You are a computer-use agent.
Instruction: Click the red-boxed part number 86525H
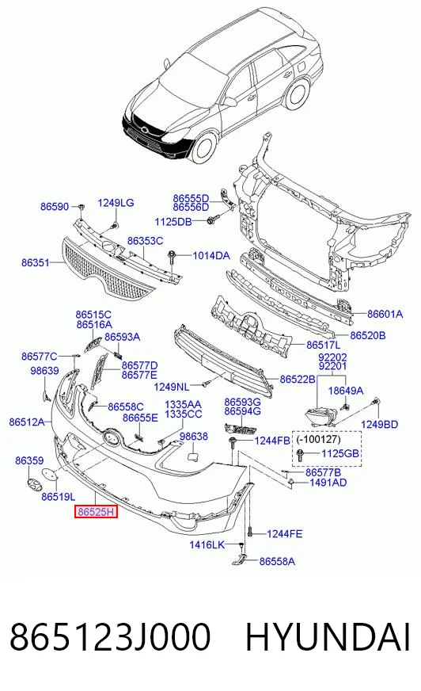click(96, 512)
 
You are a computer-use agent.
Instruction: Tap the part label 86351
click(35, 262)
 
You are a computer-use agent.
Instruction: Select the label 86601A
click(385, 315)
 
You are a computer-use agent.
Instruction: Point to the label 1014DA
click(211, 255)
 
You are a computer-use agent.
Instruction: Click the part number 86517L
click(324, 345)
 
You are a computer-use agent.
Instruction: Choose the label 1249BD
click(379, 424)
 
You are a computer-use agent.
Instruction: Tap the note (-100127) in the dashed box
click(318, 439)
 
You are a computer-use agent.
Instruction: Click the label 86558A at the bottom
click(277, 561)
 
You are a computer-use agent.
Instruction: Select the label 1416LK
click(207, 544)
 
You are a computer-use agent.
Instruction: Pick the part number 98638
click(194, 437)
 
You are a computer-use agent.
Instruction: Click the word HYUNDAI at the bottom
click(328, 637)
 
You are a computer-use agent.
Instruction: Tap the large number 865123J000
click(110, 637)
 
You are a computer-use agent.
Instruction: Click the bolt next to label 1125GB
click(301, 454)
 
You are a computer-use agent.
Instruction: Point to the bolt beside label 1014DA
click(172, 258)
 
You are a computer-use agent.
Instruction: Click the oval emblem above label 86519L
click(50, 476)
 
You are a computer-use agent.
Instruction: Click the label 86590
click(55, 206)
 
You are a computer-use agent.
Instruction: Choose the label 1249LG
click(116, 203)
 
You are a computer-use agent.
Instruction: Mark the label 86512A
click(26, 422)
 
